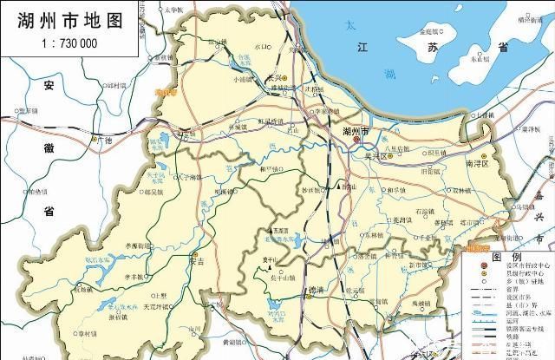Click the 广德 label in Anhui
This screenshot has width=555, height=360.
coord(105,139)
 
